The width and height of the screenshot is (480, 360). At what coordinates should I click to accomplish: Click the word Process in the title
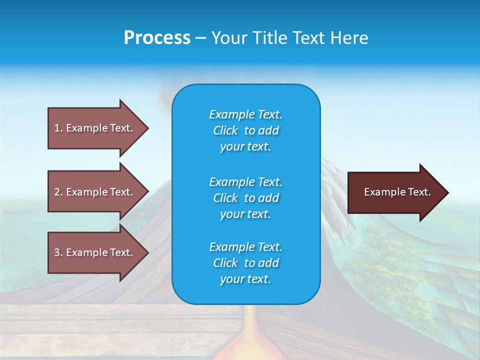[x=157, y=38]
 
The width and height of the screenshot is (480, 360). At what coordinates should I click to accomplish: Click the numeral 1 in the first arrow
[x=57, y=128]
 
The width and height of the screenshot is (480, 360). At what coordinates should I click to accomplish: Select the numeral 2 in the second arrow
[x=57, y=192]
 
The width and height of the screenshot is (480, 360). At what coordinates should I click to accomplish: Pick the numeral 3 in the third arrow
[x=57, y=252]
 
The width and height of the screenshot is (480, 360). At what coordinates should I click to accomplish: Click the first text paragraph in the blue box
[x=245, y=130]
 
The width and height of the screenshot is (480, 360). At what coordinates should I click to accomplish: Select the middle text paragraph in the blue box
[x=245, y=198]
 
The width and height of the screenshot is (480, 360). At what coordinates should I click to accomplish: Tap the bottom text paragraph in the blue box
[x=245, y=263]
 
